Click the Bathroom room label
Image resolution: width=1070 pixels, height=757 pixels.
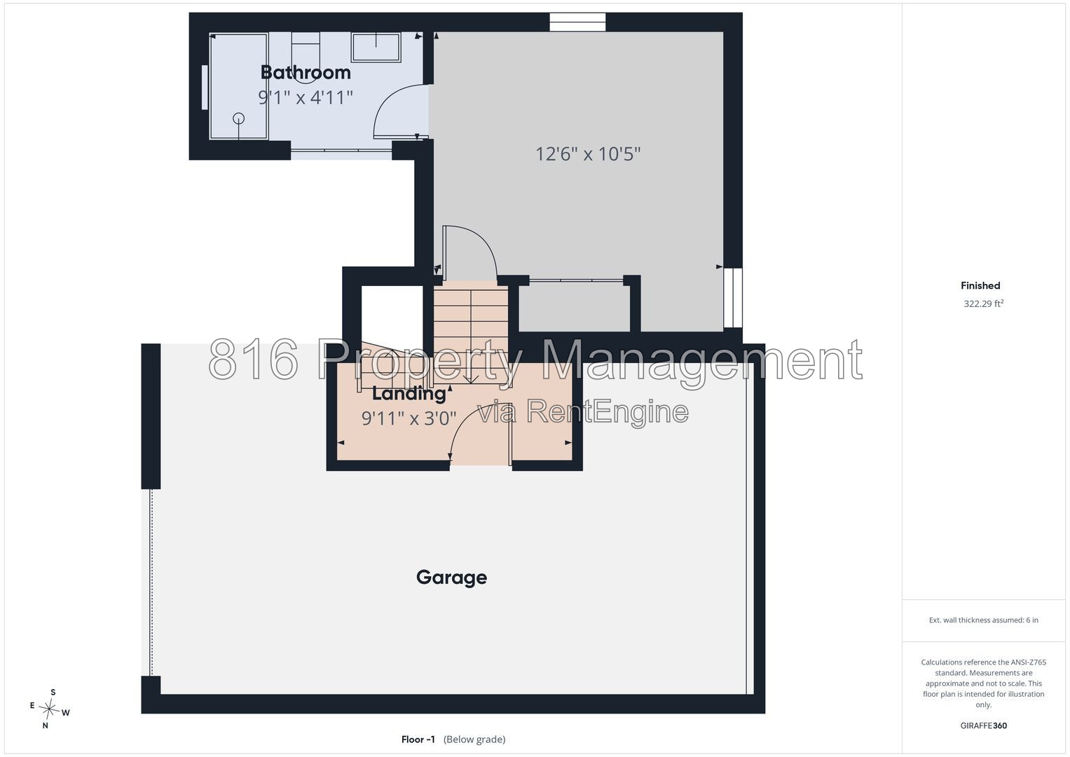(306, 73)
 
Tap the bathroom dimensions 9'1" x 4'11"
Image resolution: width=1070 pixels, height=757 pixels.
(306, 97)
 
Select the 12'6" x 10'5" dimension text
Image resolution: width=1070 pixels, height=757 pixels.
(588, 154)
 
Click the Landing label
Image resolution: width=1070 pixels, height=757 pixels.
(409, 394)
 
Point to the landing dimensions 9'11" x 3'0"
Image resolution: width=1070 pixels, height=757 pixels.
(409, 418)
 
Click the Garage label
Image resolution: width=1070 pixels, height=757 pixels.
(451, 578)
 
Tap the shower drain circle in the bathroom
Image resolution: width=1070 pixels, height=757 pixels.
(238, 118)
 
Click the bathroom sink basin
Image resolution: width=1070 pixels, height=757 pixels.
(376, 48)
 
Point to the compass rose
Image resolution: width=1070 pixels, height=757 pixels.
(49, 709)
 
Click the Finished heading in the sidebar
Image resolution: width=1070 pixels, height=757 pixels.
(980, 286)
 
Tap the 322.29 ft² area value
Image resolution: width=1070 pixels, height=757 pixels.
(983, 304)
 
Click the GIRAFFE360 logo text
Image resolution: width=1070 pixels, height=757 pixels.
(983, 725)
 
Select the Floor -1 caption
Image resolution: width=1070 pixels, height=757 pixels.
(418, 739)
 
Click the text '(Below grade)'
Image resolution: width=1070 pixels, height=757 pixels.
(474, 739)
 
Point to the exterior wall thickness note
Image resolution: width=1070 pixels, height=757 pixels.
(983, 620)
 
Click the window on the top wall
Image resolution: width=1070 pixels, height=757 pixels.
(577, 22)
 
